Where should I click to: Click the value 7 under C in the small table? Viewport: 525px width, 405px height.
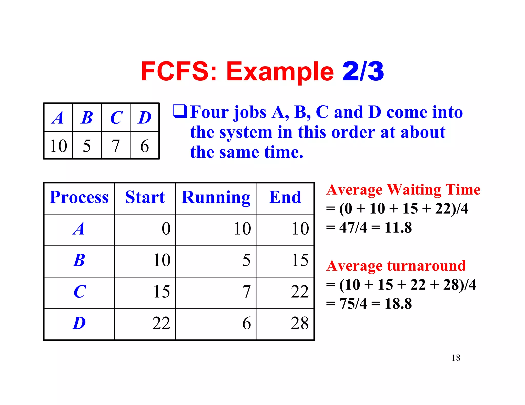click(x=116, y=146)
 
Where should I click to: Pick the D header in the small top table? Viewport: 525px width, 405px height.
click(x=145, y=118)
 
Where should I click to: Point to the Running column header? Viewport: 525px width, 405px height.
click(x=216, y=197)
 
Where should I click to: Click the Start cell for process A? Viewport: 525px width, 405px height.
click(x=166, y=228)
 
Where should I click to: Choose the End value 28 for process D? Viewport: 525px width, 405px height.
click(x=300, y=323)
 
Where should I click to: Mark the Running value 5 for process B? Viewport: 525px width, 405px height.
click(x=246, y=260)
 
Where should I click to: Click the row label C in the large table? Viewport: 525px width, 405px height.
click(x=79, y=292)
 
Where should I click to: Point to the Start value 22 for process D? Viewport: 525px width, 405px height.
click(x=161, y=323)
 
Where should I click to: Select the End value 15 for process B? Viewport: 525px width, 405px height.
click(x=300, y=260)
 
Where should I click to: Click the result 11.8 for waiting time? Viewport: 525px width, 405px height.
click(x=398, y=227)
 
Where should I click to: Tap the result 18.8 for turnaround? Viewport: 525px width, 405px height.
click(x=398, y=304)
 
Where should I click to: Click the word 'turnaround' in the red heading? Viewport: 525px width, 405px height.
click(x=426, y=266)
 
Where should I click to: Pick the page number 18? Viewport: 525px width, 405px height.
click(x=456, y=358)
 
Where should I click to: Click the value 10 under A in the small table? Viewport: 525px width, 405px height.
click(x=58, y=146)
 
